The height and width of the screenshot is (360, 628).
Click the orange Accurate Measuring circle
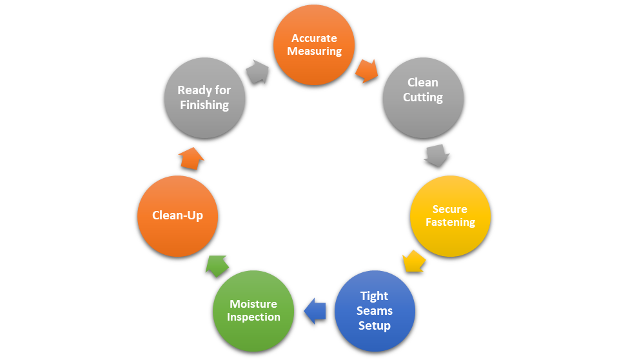[314, 45]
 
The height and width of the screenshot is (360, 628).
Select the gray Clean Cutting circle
[423, 97]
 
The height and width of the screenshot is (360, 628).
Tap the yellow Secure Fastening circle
[450, 215]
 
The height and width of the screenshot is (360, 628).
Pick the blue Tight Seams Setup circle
[375, 310]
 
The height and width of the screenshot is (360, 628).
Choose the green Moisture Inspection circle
[253, 310]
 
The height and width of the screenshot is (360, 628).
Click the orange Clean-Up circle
[177, 215]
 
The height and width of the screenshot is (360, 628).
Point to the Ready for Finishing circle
[204, 97]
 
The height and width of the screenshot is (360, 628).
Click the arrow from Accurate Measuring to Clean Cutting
[366, 70]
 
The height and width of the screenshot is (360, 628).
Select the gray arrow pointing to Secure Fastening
[437, 155]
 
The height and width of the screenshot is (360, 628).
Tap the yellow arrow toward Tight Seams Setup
[413, 261]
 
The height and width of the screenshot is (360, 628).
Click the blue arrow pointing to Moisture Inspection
[314, 310]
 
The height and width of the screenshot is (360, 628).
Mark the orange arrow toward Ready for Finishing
[191, 157]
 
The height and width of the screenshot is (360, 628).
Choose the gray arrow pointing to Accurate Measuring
[257, 71]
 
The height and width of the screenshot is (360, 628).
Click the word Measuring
[314, 51]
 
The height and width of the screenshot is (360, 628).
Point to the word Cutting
[423, 97]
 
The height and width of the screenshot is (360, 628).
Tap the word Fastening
[450, 222]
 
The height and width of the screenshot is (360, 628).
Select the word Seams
[375, 310]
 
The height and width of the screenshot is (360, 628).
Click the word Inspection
[253, 317]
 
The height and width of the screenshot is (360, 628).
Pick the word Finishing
[204, 105]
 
